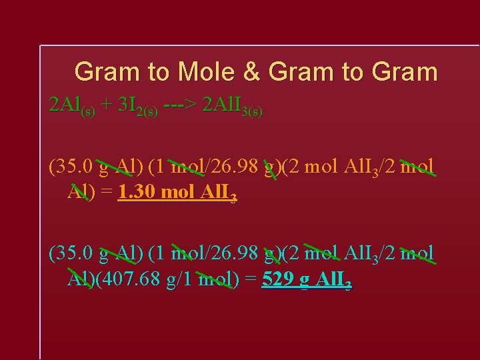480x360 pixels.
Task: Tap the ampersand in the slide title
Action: click(x=252, y=72)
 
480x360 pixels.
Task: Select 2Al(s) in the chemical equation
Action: click(x=72, y=106)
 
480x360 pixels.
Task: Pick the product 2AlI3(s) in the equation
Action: click(x=232, y=106)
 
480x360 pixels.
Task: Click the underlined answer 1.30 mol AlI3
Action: click(x=177, y=193)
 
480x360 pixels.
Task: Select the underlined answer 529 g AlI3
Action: click(x=307, y=281)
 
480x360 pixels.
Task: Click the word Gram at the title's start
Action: click(x=106, y=72)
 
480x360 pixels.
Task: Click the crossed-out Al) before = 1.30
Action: click(x=80, y=193)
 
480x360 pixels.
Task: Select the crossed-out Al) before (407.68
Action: click(x=80, y=280)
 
